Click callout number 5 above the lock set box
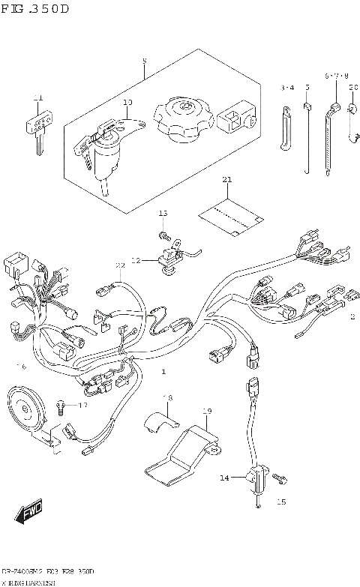pyautogui.click(x=145, y=61)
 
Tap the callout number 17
pyautogui.click(x=83, y=406)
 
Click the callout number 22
pyautogui.click(x=119, y=266)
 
